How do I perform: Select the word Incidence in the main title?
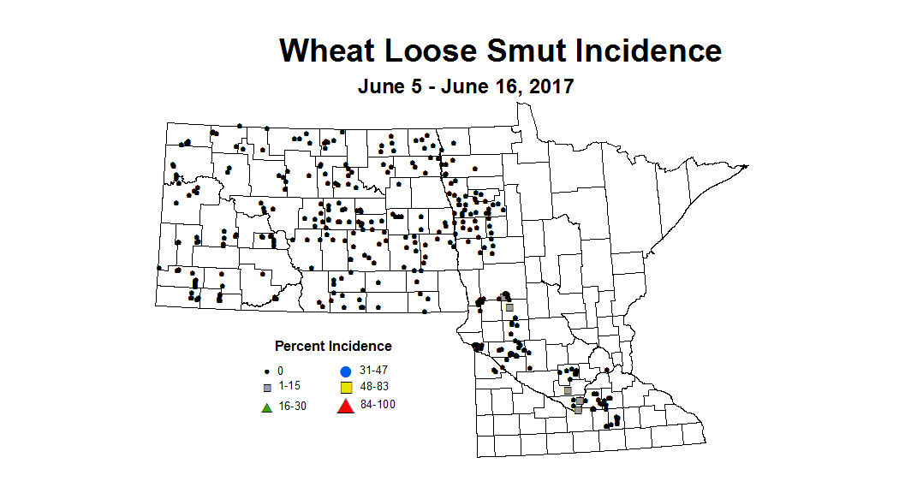pos(649,50)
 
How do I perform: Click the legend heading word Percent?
pos(300,347)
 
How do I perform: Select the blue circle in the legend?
pos(345,371)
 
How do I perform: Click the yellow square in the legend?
pos(345,388)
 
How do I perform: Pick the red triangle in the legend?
pos(345,406)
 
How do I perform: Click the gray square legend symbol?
pos(267,388)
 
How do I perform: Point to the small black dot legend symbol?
pos(267,371)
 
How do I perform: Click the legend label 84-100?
pos(377,405)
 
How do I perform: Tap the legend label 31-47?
pos(373,371)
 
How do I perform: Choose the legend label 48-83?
pos(373,388)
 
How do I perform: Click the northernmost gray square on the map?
pos(509,307)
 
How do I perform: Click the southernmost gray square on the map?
pos(578,410)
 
